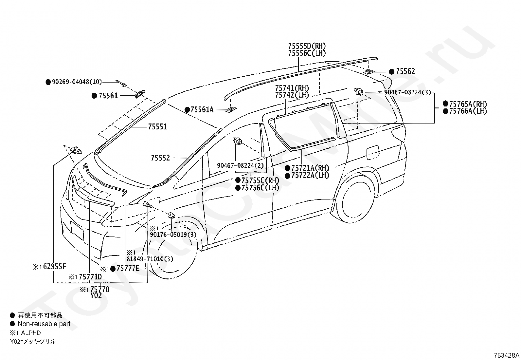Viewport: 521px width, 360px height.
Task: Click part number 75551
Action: coord(157,127)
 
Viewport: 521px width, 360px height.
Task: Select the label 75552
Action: coord(160,158)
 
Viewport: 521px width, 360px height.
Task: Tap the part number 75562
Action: coord(405,71)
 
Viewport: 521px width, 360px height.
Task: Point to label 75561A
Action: coord(202,110)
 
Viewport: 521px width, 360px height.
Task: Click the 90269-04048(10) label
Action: coord(77,82)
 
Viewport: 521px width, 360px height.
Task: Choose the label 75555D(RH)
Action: coord(307,46)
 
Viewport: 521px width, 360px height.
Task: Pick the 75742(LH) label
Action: coord(292,95)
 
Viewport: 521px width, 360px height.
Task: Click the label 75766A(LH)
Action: coord(468,111)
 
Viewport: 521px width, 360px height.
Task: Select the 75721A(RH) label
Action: coord(310,168)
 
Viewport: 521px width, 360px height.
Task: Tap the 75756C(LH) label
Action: coord(260,188)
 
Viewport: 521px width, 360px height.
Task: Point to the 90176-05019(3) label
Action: coord(173,235)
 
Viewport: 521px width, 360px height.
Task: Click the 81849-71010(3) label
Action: coord(150,259)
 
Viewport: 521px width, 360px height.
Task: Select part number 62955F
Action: coord(55,267)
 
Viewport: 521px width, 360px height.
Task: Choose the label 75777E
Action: coord(128,269)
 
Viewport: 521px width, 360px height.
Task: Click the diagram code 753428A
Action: coord(507,355)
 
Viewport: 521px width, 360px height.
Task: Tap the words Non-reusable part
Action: coord(44,324)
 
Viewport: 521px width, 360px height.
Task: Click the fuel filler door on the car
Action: coord(372,153)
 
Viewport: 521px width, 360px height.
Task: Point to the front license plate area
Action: coord(77,230)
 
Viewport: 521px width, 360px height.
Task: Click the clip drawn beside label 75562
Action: coord(368,71)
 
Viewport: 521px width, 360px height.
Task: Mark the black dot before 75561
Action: coord(94,96)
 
